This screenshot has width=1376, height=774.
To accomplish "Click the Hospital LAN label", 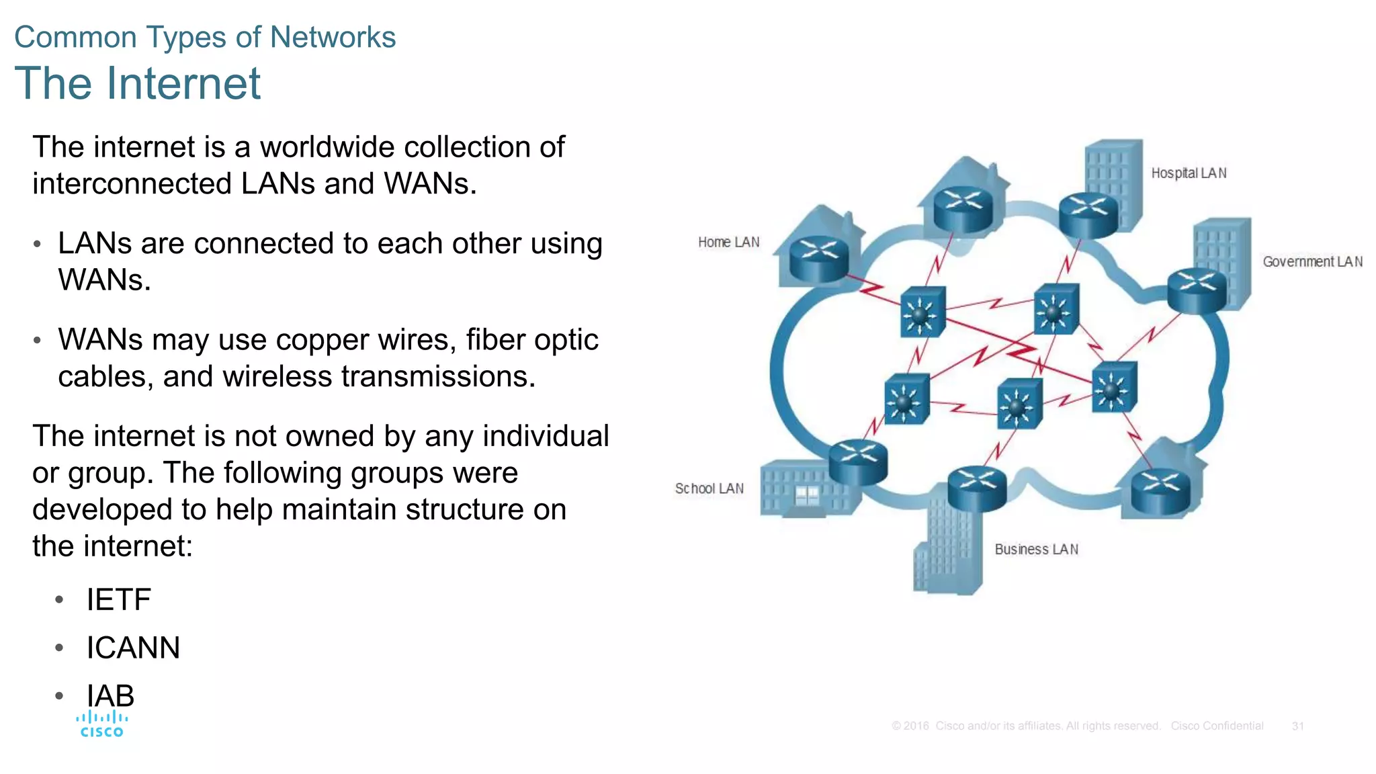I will [x=1189, y=173].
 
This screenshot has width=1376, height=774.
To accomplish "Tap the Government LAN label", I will [x=1312, y=262].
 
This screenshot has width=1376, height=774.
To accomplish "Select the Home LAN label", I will [x=728, y=242].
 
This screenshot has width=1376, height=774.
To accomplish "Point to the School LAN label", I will [x=709, y=488].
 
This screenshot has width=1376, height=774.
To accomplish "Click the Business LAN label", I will [x=1036, y=550].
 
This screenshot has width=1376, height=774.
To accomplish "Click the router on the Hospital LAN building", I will [x=1088, y=213].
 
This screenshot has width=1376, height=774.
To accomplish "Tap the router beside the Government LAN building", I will [x=1197, y=290].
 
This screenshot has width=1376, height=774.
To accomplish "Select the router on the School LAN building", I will [x=858, y=461].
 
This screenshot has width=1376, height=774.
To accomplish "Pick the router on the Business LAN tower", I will [x=977, y=487].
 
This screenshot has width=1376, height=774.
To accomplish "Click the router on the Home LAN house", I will [x=818, y=259].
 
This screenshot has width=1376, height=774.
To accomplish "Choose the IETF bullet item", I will [x=118, y=599].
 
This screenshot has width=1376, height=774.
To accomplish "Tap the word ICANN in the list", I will [x=133, y=648].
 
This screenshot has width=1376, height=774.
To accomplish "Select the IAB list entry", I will [x=110, y=695].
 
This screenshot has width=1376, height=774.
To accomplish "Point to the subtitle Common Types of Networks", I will [x=205, y=37].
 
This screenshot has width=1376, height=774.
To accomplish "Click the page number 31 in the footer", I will [x=1297, y=726].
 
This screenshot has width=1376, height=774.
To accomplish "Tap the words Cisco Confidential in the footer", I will [x=1217, y=726].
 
